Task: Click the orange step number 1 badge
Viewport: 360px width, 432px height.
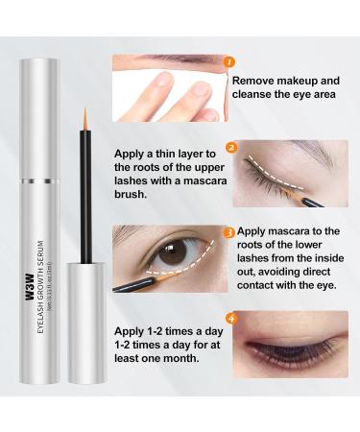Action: point(228,63)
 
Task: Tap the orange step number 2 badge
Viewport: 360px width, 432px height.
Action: point(230,149)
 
